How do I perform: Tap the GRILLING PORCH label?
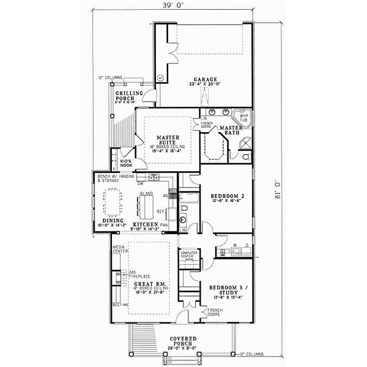click(x=129, y=95)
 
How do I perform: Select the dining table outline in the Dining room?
click(x=115, y=202)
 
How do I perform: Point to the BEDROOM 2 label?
click(x=228, y=196)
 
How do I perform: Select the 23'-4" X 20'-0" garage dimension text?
click(x=206, y=86)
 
